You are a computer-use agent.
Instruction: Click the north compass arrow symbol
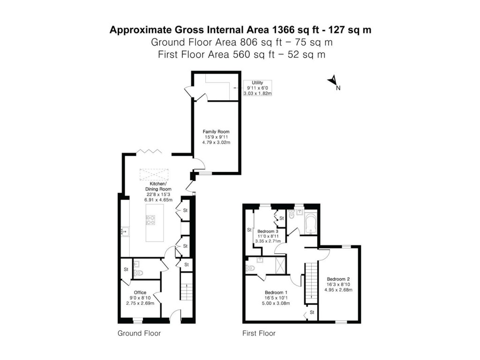[x=333, y=82]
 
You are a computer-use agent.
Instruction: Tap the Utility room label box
[x=257, y=88]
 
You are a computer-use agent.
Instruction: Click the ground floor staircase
[x=186, y=288]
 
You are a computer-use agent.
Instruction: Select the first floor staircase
[x=311, y=284]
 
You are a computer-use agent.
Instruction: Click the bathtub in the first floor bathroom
[x=311, y=224]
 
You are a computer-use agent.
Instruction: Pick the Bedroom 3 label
[x=268, y=236]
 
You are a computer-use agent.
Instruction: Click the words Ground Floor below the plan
[x=139, y=334]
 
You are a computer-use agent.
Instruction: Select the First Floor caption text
[x=259, y=334]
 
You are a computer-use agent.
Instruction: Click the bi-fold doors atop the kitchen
[x=149, y=151]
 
